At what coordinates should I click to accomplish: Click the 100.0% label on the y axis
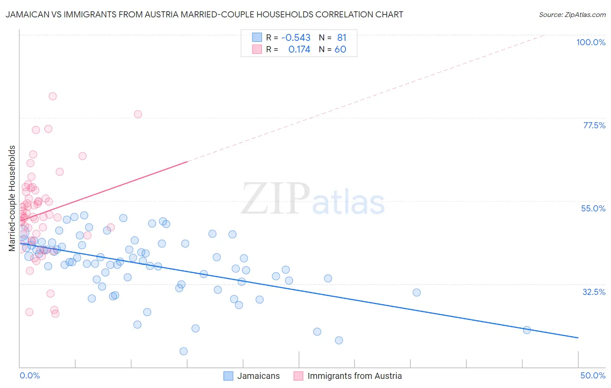click(591, 42)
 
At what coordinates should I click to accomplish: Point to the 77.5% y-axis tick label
click(594, 125)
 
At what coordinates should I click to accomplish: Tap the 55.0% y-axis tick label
click(593, 208)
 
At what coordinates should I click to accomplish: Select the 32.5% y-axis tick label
click(594, 292)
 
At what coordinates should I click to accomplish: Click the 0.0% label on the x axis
click(30, 375)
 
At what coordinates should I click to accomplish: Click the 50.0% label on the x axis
click(593, 375)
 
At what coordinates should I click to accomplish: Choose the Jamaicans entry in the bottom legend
click(258, 376)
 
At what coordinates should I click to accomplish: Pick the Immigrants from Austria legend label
click(354, 376)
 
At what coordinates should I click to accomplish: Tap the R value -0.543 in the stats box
click(296, 37)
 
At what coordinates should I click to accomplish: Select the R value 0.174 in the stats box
click(299, 50)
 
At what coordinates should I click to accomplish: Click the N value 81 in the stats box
click(342, 37)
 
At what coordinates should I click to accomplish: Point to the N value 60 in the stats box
click(340, 50)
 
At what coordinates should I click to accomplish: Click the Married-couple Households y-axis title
click(12, 198)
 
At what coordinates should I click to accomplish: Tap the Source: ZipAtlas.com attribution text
click(572, 15)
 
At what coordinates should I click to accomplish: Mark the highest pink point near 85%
click(53, 96)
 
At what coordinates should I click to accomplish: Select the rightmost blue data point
click(527, 330)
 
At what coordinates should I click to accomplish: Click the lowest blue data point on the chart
click(183, 351)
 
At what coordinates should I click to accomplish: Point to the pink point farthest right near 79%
click(138, 114)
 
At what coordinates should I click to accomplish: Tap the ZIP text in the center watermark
click(276, 199)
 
